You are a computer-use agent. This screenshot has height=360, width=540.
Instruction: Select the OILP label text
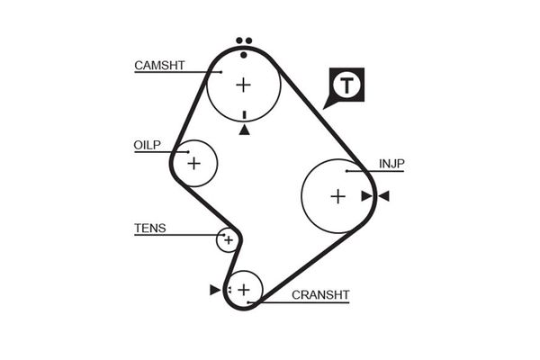pyautogui.click(x=147, y=144)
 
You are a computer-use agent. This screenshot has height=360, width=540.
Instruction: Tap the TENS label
pyautogui.click(x=149, y=229)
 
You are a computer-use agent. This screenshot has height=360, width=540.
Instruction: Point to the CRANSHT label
pyautogui.click(x=319, y=294)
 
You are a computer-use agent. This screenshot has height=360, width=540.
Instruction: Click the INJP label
pyautogui.click(x=391, y=164)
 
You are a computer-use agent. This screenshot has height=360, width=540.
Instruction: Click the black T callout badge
pyautogui.click(x=346, y=86)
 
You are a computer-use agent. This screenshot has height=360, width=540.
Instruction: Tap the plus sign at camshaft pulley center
pyautogui.click(x=243, y=85)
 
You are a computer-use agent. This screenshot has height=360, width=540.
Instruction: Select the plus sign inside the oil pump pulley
pyautogui.click(x=193, y=164)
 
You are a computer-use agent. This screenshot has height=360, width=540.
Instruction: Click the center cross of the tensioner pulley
pyautogui.click(x=229, y=240)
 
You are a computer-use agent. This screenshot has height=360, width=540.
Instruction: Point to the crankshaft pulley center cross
pyautogui.click(x=242, y=289)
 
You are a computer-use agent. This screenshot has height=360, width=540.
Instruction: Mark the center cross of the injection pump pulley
pyautogui.click(x=337, y=196)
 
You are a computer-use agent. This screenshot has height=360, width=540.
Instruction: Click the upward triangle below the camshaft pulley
pyautogui.click(x=244, y=130)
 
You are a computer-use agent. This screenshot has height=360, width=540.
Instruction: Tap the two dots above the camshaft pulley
pyautogui.click(x=242, y=41)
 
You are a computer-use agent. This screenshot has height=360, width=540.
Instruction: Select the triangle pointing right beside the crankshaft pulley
pyautogui.click(x=214, y=290)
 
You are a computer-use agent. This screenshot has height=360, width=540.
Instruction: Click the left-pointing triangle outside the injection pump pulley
pyautogui.click(x=383, y=196)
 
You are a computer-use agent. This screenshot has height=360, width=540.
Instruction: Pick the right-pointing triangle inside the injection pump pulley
pyautogui.click(x=366, y=196)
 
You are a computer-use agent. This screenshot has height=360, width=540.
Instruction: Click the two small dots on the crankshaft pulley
pyautogui.click(x=229, y=290)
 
